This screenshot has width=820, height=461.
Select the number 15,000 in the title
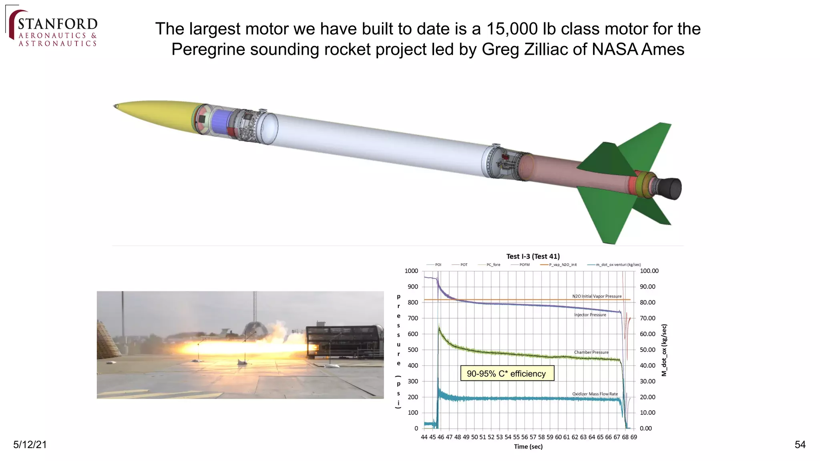point(512,29)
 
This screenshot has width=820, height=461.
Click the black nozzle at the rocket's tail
point(670,188)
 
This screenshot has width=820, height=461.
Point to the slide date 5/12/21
point(30,445)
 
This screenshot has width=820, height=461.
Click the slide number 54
point(800,445)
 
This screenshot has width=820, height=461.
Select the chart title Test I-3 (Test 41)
point(533,257)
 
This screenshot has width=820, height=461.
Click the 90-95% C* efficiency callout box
point(507,373)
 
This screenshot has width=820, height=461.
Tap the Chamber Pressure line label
point(591,353)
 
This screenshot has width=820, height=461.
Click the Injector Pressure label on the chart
point(590,315)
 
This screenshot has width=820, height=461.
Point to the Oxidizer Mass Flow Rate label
point(595,394)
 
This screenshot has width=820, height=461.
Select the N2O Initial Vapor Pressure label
point(597,297)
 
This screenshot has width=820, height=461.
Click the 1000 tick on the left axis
point(411,271)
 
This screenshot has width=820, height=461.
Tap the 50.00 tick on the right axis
point(647,350)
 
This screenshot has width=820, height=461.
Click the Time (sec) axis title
point(528,447)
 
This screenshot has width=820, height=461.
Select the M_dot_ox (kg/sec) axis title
point(664,350)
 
